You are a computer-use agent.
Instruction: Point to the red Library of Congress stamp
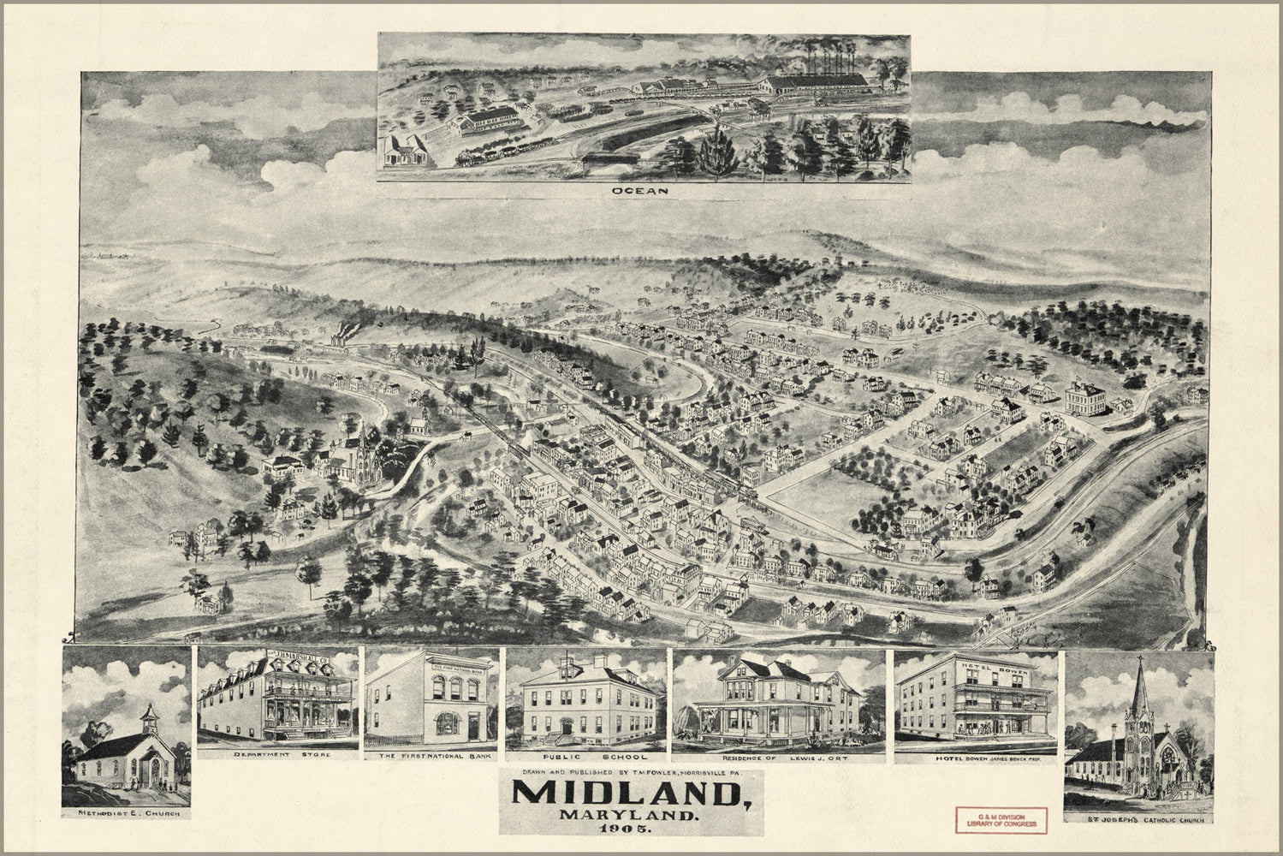pyautogui.click(x=1001, y=818)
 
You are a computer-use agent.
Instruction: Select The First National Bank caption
pyautogui.click(x=431, y=757)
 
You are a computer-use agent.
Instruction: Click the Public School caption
pyautogui.click(x=585, y=757)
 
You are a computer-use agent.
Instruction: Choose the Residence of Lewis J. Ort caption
pyautogui.click(x=778, y=757)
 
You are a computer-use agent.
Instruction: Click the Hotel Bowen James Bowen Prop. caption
pyautogui.click(x=976, y=757)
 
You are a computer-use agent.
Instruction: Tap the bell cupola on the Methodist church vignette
pyautogui.click(x=149, y=716)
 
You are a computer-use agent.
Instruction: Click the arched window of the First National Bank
pyautogui.click(x=446, y=722)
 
